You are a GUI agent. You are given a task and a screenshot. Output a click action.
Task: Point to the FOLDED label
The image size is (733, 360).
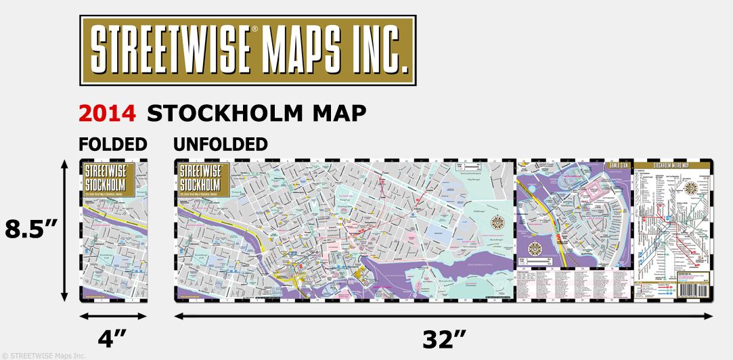click(x=113, y=144)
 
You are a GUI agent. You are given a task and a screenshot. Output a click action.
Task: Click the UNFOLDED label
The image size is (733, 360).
click(x=221, y=144)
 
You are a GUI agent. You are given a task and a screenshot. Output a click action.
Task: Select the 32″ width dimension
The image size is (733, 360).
click(x=443, y=338)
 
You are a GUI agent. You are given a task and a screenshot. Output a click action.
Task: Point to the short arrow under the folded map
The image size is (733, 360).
click(x=113, y=316)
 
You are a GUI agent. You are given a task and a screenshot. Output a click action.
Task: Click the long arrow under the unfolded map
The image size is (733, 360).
click(x=443, y=316)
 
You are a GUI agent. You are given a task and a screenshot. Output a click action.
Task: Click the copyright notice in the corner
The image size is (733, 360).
click(x=44, y=355)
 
